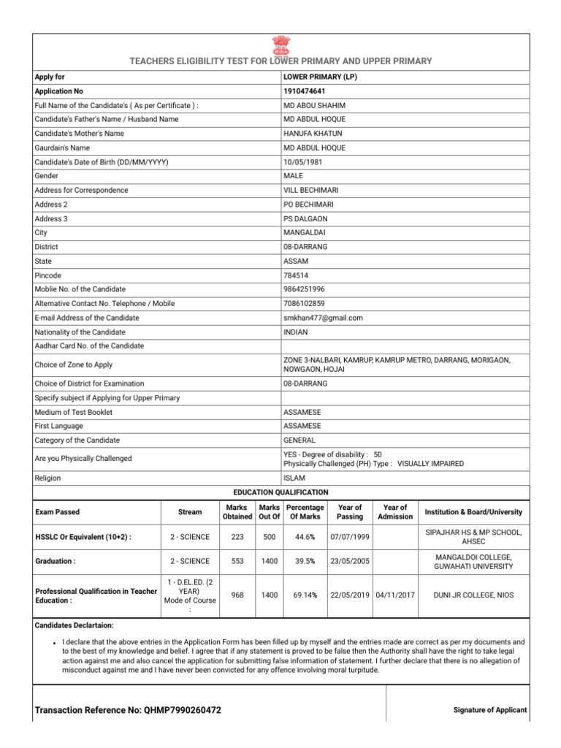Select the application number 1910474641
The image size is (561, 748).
(x=305, y=91)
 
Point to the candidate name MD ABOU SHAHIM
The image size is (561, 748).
(x=314, y=105)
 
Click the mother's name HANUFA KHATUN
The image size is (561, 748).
(x=313, y=134)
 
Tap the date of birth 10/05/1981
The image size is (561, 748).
(x=304, y=162)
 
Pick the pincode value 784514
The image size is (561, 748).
(x=295, y=275)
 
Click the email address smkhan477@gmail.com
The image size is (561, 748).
(x=323, y=318)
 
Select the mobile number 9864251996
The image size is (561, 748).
(x=304, y=289)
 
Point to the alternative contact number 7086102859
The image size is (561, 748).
(x=304, y=303)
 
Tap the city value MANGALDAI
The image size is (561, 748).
(x=303, y=232)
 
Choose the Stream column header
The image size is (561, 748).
(x=190, y=512)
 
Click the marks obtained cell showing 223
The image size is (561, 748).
(x=237, y=537)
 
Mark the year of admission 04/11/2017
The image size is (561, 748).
(x=394, y=595)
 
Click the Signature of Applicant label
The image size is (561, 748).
(x=490, y=710)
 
